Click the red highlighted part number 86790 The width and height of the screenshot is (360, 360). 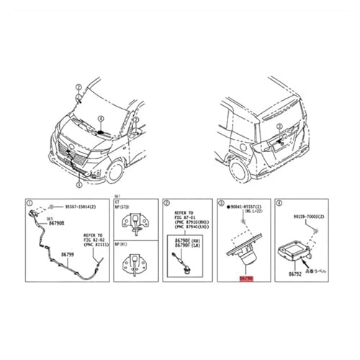click(247, 276)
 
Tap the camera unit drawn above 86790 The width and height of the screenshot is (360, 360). click(246, 252)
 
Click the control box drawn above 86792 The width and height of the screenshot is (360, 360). click(296, 249)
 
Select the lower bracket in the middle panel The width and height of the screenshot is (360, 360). click(132, 264)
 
